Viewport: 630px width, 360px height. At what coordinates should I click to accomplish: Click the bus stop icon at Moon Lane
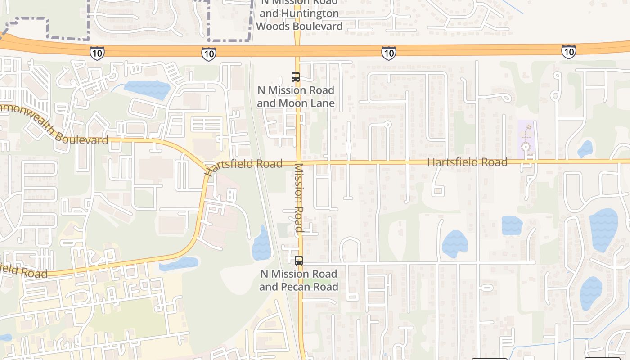click(x=295, y=77)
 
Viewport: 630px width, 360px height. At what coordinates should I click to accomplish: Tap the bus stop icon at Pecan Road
click(x=298, y=260)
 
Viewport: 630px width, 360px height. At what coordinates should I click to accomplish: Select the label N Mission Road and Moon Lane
click(x=296, y=97)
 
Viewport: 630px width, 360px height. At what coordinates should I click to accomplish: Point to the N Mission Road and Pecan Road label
click(x=298, y=280)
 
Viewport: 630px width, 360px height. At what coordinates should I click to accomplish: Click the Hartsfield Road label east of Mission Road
click(x=467, y=162)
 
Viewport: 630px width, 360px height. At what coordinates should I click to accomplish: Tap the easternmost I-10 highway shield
click(x=568, y=52)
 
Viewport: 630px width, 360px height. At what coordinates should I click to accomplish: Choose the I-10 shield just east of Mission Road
click(x=388, y=53)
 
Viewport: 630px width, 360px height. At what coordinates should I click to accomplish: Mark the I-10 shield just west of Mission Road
click(x=208, y=54)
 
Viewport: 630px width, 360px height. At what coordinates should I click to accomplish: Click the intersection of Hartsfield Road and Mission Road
click(x=298, y=162)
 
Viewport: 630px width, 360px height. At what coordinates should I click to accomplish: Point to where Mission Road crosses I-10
click(x=297, y=50)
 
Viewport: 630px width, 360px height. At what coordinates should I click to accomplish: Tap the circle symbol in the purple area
click(x=525, y=147)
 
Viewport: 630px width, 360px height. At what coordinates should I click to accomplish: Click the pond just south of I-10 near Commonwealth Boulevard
click(x=147, y=89)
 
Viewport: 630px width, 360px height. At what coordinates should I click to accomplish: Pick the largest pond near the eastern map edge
click(x=603, y=229)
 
